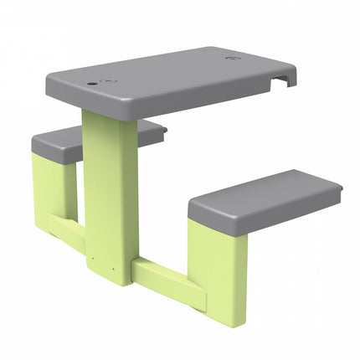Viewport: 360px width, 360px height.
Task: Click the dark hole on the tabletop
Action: point(89,85)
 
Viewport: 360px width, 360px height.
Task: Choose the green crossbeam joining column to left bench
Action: point(67,225)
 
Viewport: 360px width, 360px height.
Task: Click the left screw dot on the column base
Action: point(91,257)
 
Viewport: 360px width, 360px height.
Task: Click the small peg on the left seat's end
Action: point(165,131)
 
